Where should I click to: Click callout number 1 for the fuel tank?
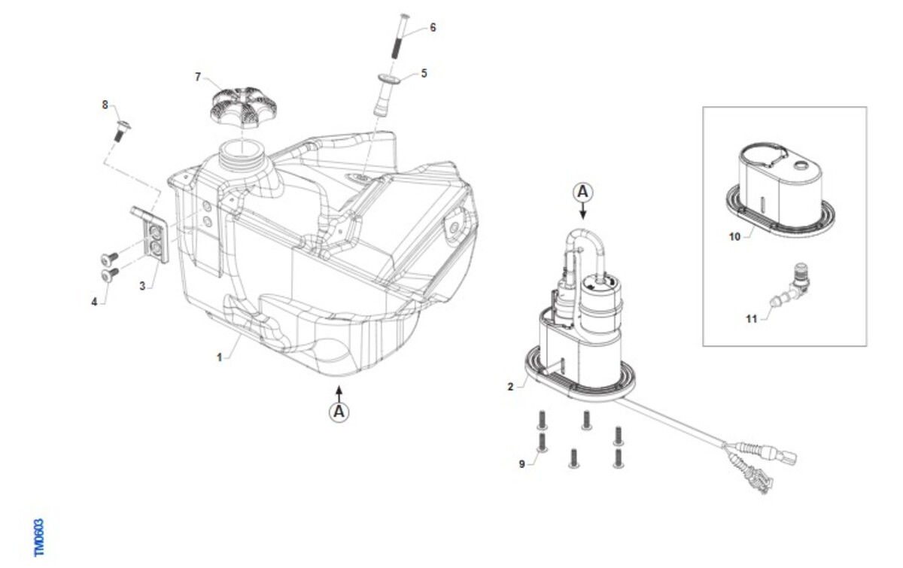click(219, 357)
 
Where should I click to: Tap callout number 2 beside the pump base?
click(510, 387)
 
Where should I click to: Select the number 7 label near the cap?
click(197, 77)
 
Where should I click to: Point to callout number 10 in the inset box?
click(735, 237)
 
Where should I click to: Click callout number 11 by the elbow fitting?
click(752, 319)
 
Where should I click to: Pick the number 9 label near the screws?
click(521, 464)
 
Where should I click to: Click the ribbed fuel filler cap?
click(243, 107)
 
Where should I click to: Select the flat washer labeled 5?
click(389, 78)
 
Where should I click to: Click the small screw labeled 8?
click(122, 130)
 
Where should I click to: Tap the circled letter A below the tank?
click(339, 412)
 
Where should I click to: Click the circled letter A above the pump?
click(583, 193)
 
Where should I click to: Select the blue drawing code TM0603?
click(38, 538)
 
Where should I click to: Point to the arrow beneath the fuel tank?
click(339, 394)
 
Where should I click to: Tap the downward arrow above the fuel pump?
click(583, 211)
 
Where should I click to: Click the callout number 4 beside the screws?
click(94, 302)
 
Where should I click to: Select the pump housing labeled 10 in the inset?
click(780, 190)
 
